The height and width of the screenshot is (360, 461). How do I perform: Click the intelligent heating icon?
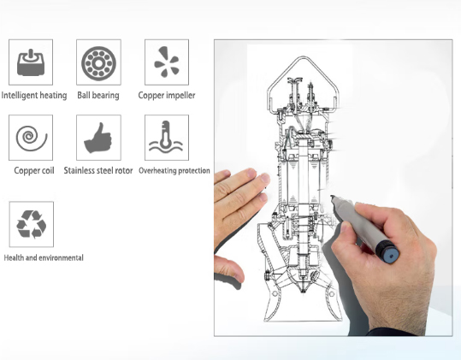[31, 62]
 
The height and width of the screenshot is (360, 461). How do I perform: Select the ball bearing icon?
[98, 63]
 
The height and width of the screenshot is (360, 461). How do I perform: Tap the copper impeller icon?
[167, 62]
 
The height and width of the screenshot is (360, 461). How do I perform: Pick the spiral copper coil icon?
[32, 138]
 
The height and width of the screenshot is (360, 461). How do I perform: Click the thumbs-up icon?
[98, 139]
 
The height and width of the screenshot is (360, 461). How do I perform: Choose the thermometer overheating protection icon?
[166, 137]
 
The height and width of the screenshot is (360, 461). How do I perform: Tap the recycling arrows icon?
[31, 224]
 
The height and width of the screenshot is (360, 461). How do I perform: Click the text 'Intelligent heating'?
[34, 96]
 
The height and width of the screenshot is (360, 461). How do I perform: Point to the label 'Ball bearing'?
[98, 95]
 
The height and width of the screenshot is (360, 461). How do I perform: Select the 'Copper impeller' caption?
[167, 95]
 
